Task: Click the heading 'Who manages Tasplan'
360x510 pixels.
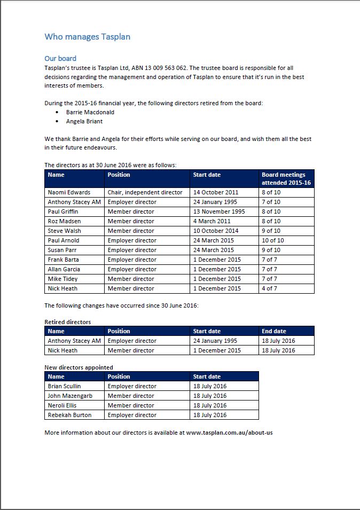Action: (x=87, y=37)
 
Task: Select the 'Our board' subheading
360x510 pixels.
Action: (x=60, y=58)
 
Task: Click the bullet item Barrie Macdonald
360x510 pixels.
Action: (x=90, y=112)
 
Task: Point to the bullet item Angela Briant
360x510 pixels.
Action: (x=84, y=121)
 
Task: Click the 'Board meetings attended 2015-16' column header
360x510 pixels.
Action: (x=286, y=178)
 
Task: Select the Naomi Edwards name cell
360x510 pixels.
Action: (x=69, y=192)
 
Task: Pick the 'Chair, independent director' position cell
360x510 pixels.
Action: (x=145, y=192)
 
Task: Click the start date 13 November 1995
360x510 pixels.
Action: (x=219, y=211)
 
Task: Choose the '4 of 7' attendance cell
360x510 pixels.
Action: (x=269, y=288)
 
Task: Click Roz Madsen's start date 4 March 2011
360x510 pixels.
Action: (x=212, y=221)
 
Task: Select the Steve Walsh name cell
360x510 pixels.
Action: (x=65, y=231)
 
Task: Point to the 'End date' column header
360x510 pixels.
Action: (x=274, y=331)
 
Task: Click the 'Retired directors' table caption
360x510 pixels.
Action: (x=68, y=322)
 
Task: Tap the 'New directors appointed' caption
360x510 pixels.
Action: (x=79, y=367)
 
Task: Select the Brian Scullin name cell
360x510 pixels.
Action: (x=65, y=386)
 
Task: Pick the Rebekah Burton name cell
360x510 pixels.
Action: (x=69, y=415)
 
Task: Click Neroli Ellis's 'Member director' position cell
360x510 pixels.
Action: (x=131, y=405)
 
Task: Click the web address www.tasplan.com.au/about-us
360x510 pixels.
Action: (x=229, y=432)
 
